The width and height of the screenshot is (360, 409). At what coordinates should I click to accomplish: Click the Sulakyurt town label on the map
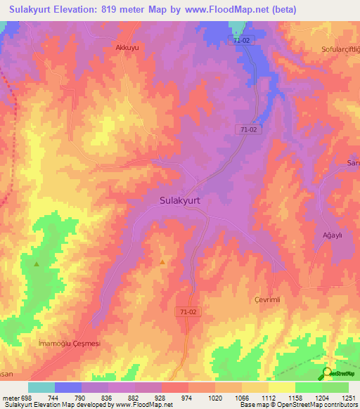point(176,200)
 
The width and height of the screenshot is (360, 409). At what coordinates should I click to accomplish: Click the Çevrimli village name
point(267,299)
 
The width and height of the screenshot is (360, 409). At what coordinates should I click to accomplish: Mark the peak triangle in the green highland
point(37,264)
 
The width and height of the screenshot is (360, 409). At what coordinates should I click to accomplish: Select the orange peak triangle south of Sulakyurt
point(162,262)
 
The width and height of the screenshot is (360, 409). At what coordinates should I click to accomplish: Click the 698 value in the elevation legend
point(21,398)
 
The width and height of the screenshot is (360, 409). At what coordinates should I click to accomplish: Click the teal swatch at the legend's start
point(41,387)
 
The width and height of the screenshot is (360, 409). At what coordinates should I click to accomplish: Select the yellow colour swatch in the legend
point(281,387)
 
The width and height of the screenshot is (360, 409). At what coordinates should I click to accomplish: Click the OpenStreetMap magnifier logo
point(328,372)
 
